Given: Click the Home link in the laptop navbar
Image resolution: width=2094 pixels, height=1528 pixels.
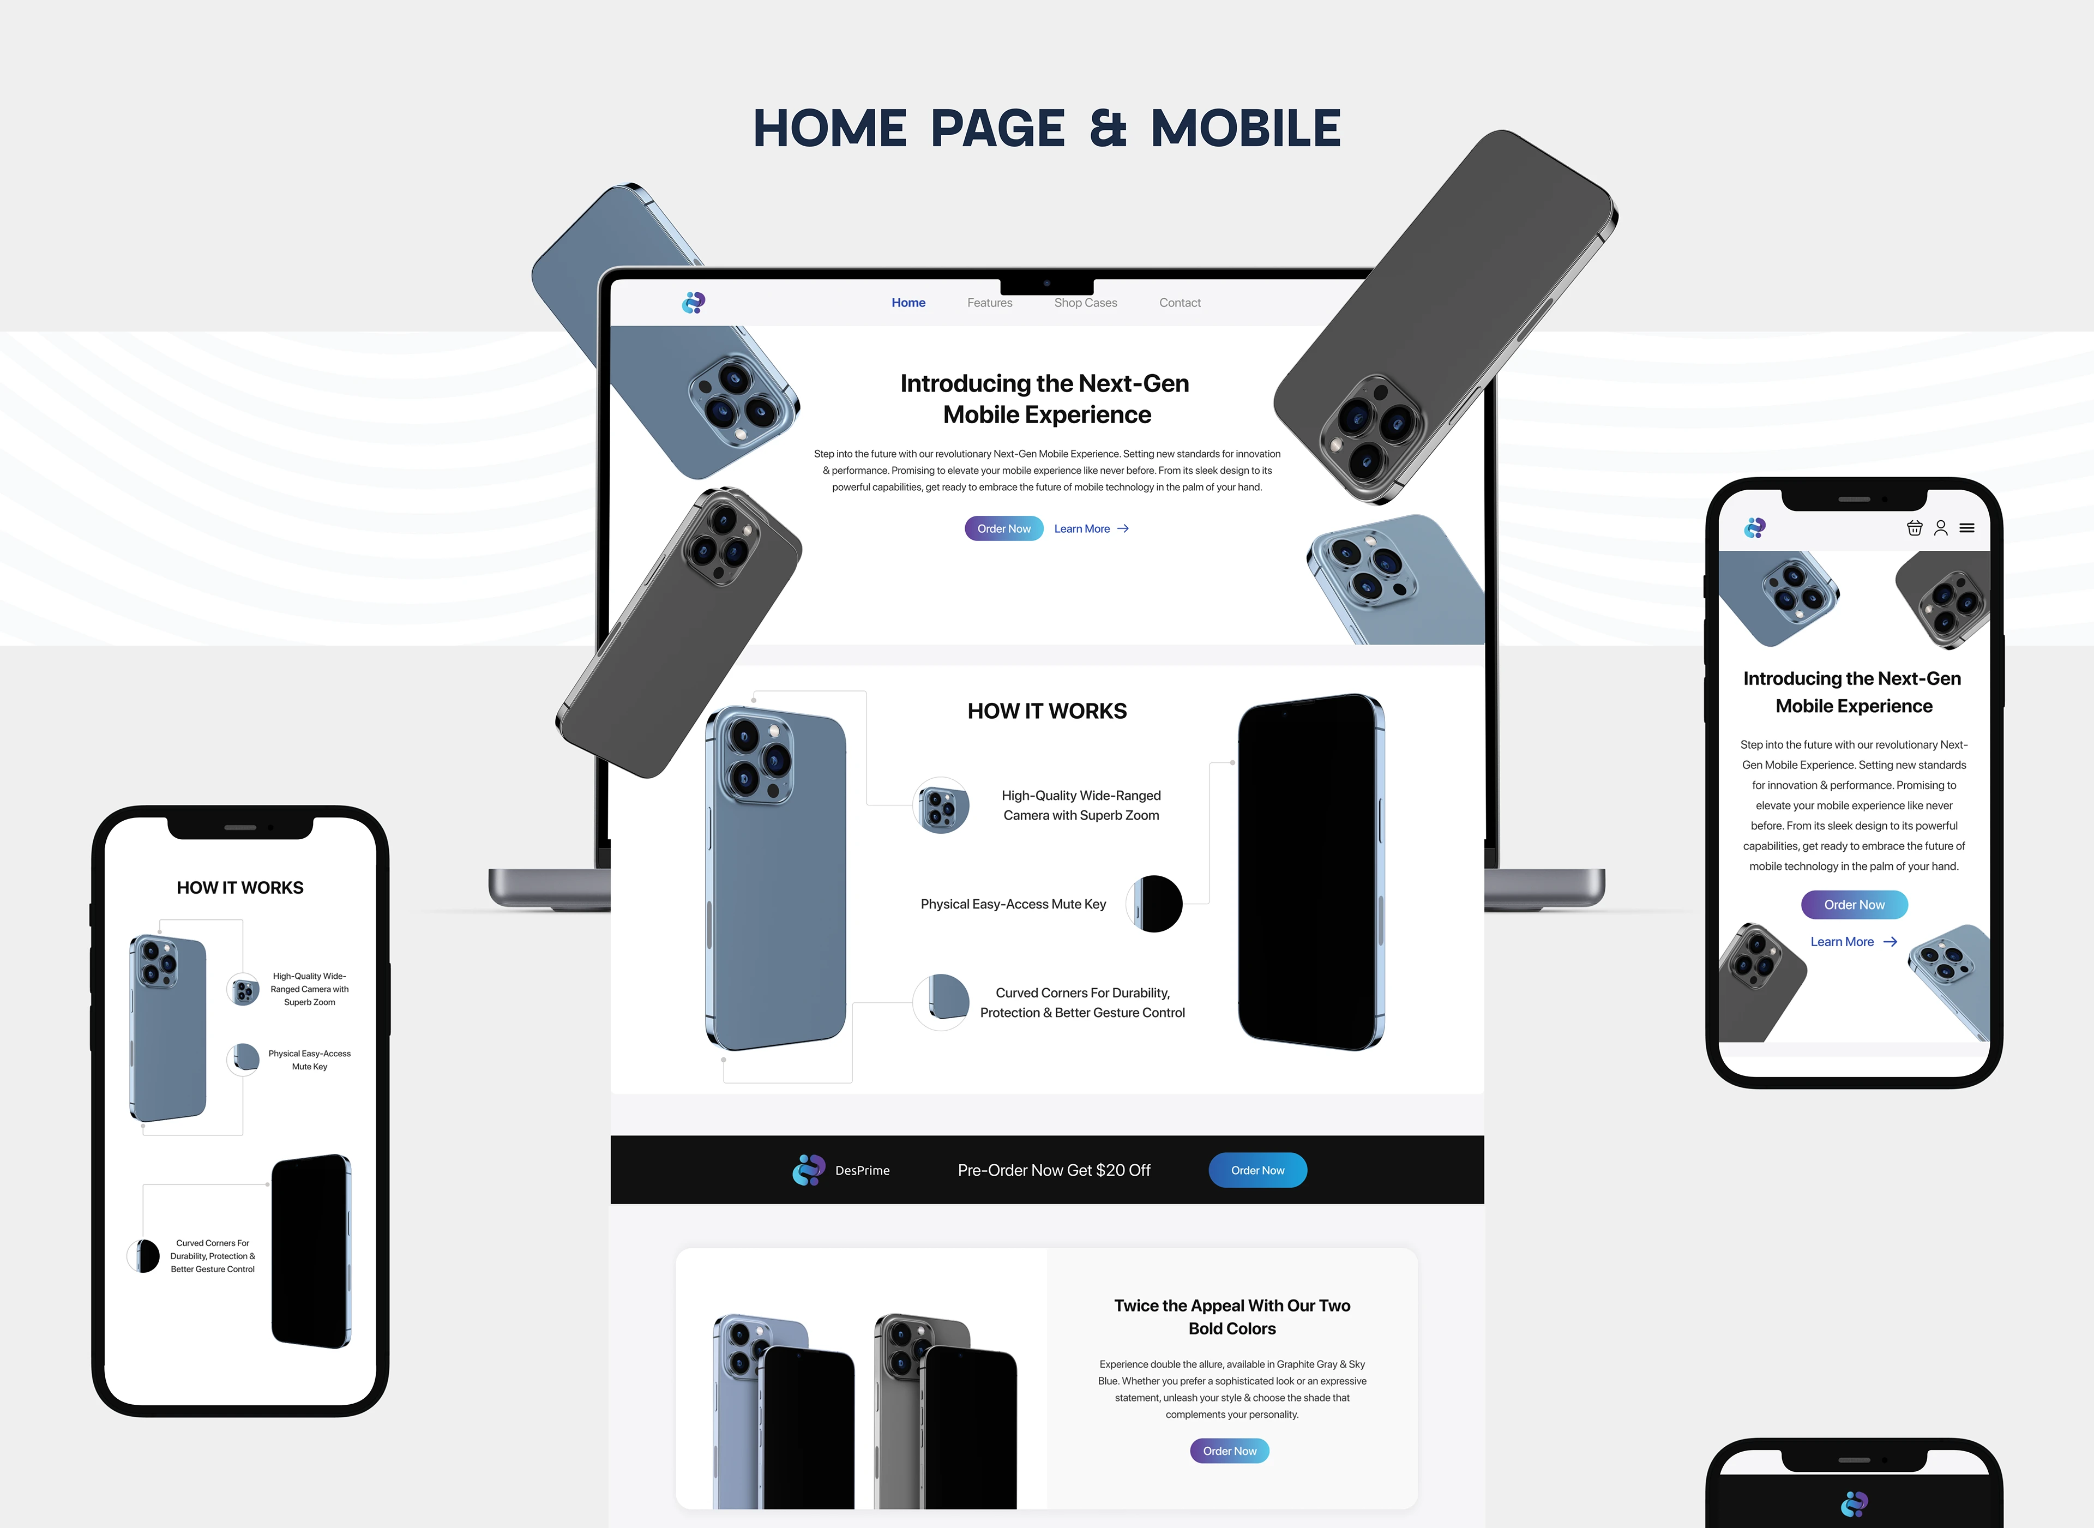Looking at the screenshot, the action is click(x=908, y=303).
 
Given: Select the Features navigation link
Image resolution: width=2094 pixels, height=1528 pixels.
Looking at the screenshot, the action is click(x=990, y=303).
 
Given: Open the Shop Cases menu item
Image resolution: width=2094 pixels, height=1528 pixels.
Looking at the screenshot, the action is click(x=1086, y=303).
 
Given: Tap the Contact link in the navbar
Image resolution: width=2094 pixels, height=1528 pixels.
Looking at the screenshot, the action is click(x=1180, y=303).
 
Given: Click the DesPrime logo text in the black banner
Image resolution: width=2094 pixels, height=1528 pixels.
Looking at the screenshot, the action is click(x=862, y=1170).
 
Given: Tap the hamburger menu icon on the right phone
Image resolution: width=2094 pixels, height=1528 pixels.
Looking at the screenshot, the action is click(x=1967, y=528).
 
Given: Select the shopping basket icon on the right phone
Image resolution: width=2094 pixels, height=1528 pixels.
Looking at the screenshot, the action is click(x=1915, y=528).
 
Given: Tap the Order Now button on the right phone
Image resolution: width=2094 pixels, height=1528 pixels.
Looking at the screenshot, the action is click(x=1855, y=905).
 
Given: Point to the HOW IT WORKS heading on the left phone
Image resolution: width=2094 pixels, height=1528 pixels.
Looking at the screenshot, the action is click(x=240, y=888).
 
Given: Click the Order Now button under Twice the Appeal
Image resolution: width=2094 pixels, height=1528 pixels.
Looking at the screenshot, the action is click(x=1229, y=1451).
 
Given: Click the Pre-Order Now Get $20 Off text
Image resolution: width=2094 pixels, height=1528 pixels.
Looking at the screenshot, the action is click(x=1055, y=1170).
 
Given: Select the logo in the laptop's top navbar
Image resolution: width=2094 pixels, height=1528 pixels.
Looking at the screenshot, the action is click(x=694, y=303).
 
